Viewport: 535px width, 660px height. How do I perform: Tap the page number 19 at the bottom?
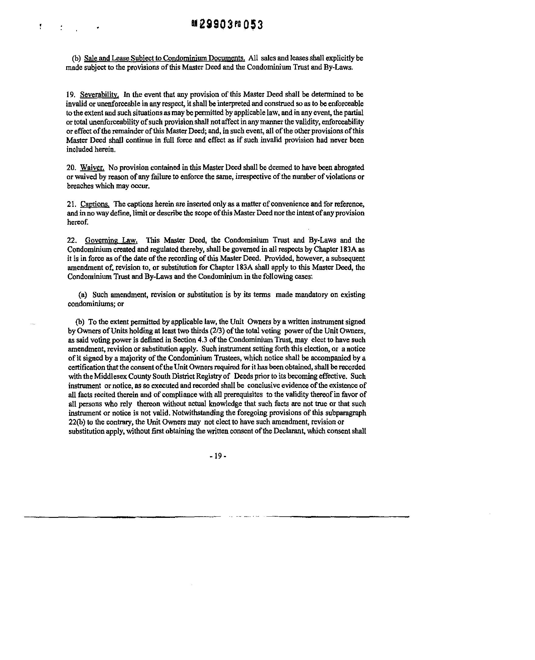218,456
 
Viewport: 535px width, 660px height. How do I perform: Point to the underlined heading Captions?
94,204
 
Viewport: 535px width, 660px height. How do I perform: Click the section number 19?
70,94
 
